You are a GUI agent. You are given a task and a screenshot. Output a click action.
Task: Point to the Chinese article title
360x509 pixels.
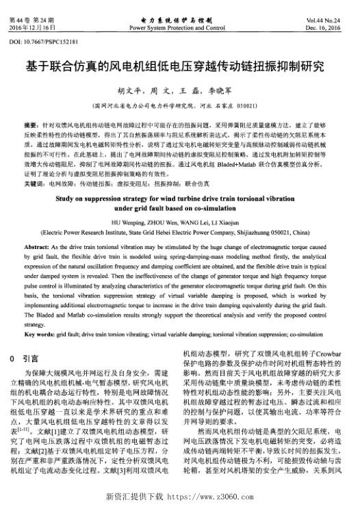point(179,67)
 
